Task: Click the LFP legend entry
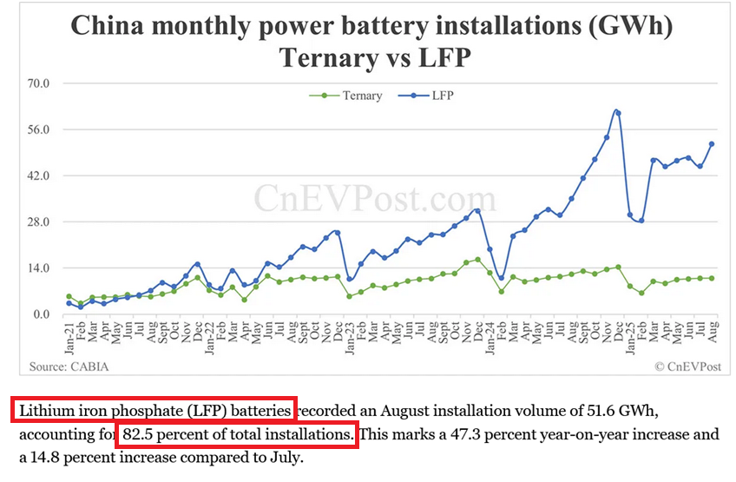pyautogui.click(x=442, y=96)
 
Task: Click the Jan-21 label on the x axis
pyautogui.click(x=69, y=335)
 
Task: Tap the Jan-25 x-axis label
pyautogui.click(x=630, y=335)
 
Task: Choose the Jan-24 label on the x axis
pyautogui.click(x=490, y=335)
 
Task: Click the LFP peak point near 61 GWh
pyautogui.click(x=617, y=111)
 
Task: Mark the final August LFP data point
pyautogui.click(x=712, y=144)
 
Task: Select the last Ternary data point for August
pyautogui.click(x=712, y=278)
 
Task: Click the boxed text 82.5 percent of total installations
pyautogui.click(x=235, y=432)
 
